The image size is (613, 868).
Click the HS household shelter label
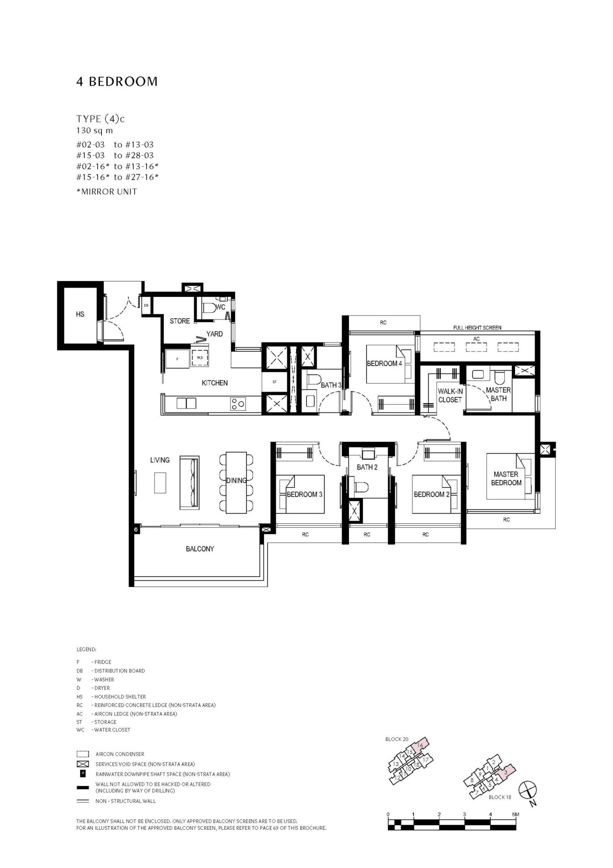click(80, 315)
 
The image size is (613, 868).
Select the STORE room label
click(180, 321)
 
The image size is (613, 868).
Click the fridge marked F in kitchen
click(177, 359)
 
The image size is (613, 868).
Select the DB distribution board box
click(146, 305)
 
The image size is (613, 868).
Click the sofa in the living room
click(190, 482)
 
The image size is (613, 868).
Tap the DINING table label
click(236, 480)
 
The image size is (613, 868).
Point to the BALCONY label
click(200, 549)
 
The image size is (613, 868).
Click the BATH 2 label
click(367, 467)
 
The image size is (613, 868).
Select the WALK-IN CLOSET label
click(450, 396)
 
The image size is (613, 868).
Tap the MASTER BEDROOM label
click(506, 479)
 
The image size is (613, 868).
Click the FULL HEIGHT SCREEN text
click(477, 328)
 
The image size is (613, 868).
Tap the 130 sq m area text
click(94, 131)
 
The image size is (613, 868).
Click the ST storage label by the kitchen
click(274, 382)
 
